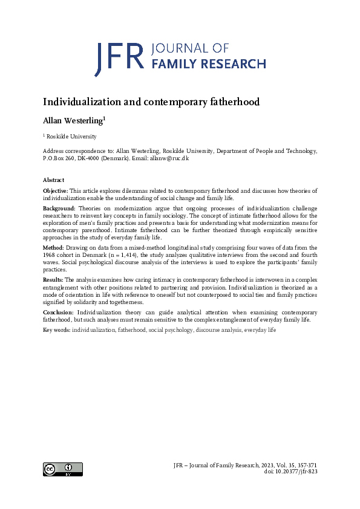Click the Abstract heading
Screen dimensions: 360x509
[53, 180]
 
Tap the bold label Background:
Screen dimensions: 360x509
[59, 208]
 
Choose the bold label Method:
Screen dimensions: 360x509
[53, 248]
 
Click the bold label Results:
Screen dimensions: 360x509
[53, 280]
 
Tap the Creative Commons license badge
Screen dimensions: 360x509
[62, 468]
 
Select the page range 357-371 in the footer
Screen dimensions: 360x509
[304, 465]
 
